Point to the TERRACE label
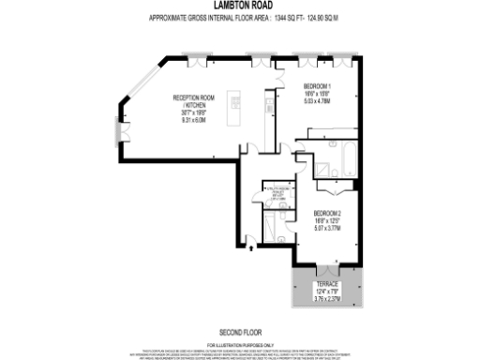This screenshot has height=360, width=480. tap(326, 282)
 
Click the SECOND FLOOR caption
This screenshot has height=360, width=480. tap(239, 332)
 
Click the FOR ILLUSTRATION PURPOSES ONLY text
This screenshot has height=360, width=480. tap(239, 342)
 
